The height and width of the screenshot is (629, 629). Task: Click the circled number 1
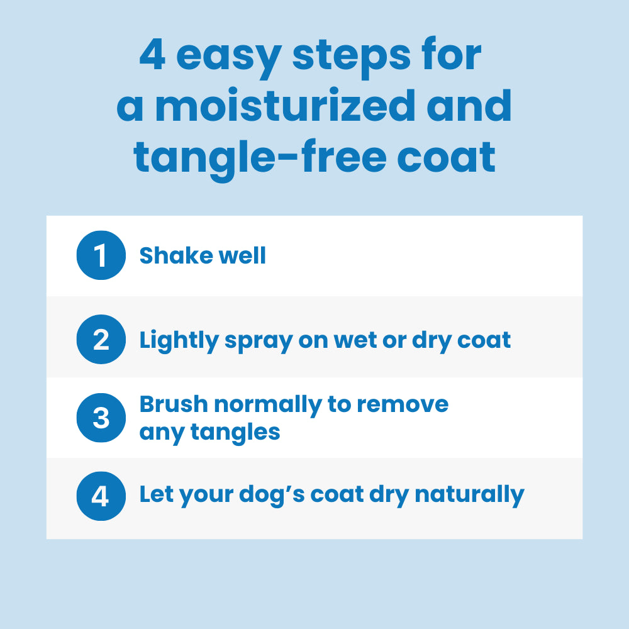tap(101, 255)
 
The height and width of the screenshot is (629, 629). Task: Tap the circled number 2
tap(101, 340)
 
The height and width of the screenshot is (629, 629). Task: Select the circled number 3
tap(101, 418)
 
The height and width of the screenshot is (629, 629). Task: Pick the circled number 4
tap(101, 496)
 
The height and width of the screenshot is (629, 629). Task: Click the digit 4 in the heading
tap(153, 57)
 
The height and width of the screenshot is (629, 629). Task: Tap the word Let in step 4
tap(155, 494)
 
